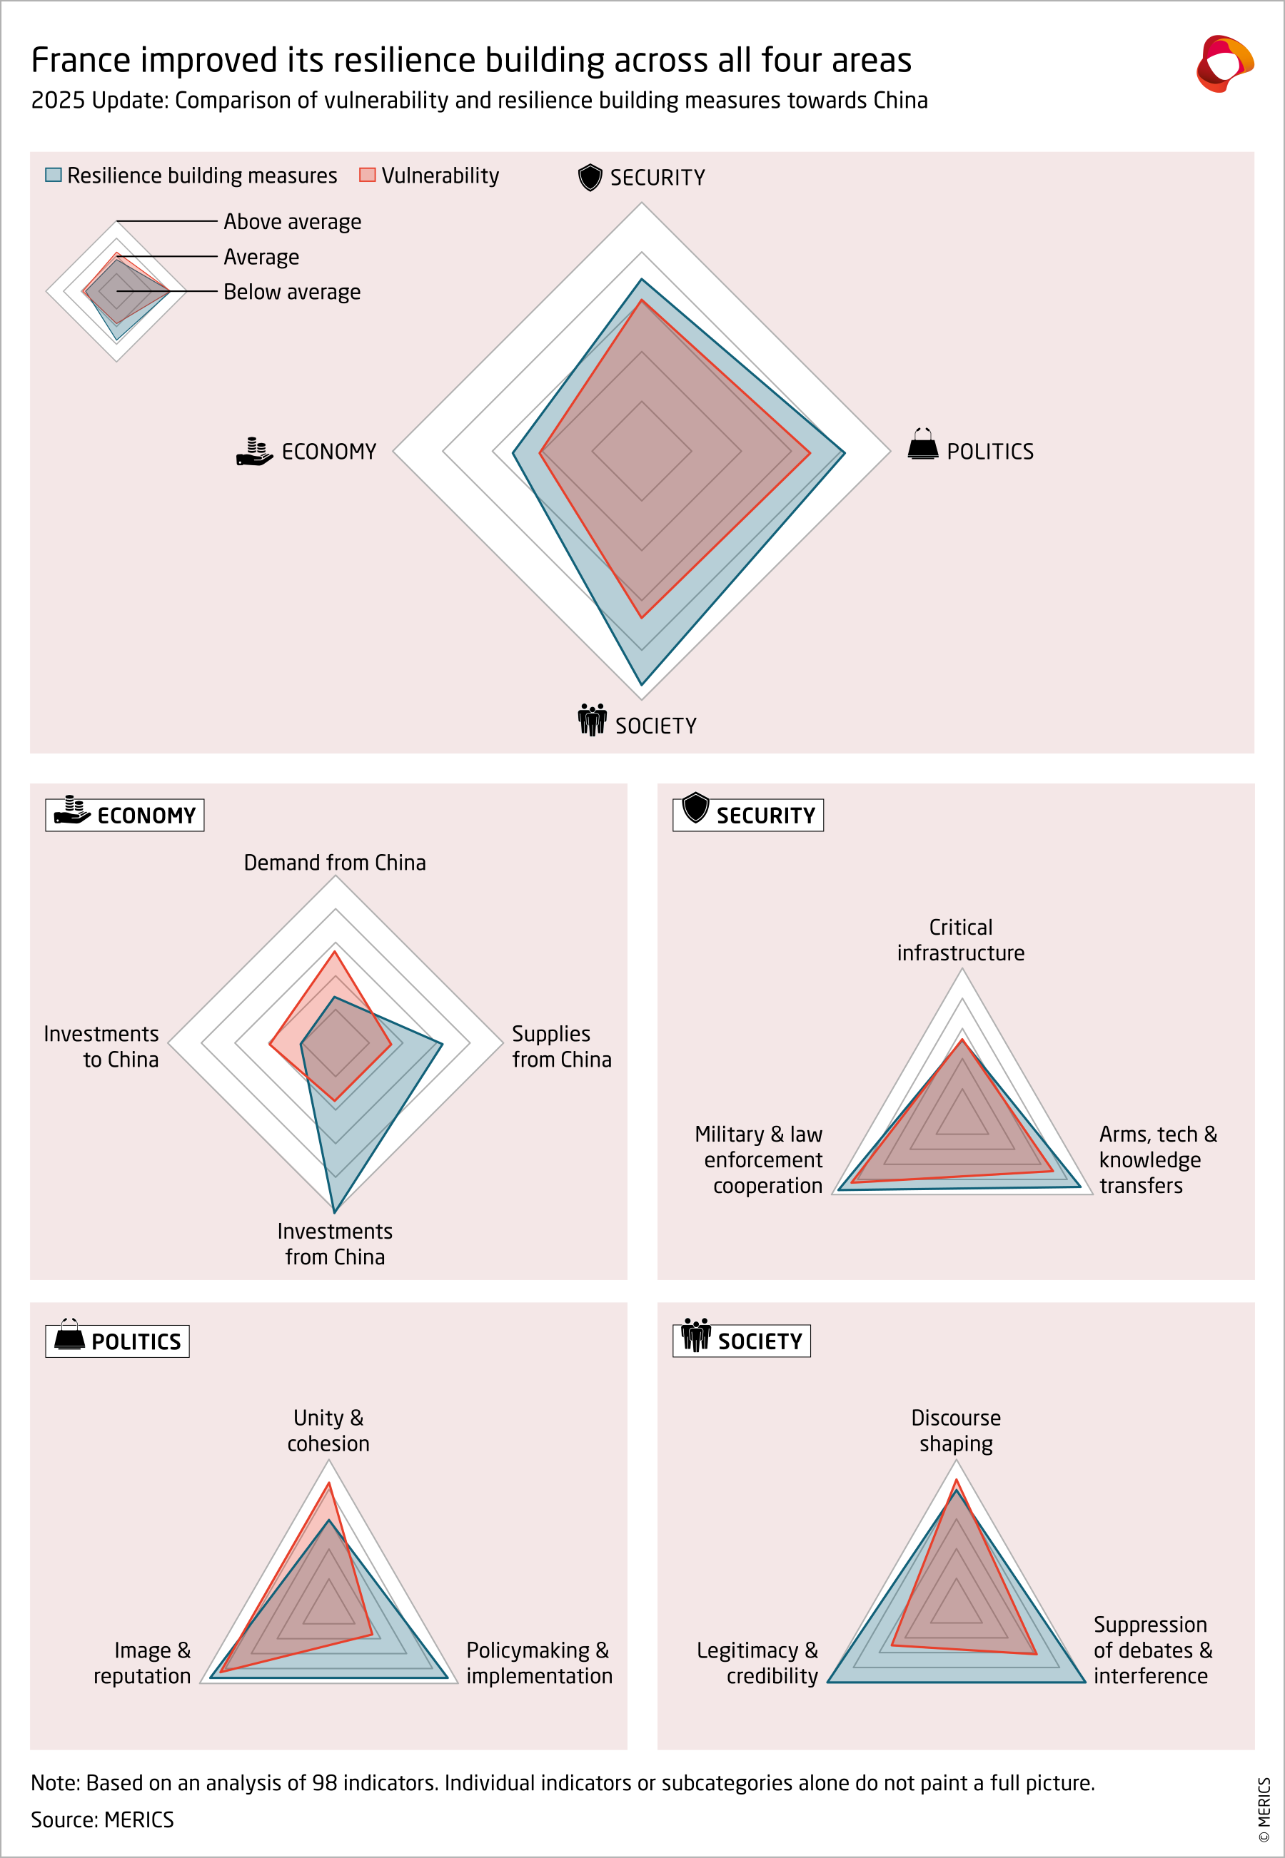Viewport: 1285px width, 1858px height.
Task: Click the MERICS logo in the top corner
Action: (x=1224, y=64)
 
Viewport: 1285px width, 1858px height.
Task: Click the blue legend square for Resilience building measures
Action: (x=53, y=175)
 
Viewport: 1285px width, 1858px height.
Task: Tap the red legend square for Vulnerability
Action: (x=367, y=175)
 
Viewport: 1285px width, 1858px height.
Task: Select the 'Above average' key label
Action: (x=292, y=221)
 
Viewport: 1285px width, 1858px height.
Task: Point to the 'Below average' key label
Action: (x=291, y=292)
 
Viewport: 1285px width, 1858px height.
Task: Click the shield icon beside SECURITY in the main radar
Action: (x=590, y=177)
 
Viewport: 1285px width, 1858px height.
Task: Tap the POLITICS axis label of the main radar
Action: (x=989, y=452)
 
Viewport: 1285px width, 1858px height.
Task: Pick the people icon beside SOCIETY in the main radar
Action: (x=592, y=719)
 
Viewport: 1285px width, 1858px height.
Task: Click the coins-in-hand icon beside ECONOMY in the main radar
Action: (x=254, y=452)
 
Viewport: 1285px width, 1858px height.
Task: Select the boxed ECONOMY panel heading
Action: (x=125, y=814)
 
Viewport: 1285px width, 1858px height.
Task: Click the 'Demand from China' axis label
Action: (x=335, y=863)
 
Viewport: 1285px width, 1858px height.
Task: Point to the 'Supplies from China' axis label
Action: (x=561, y=1046)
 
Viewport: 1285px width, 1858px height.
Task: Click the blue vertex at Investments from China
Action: (x=334, y=1211)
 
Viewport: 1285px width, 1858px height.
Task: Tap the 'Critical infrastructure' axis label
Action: (x=960, y=940)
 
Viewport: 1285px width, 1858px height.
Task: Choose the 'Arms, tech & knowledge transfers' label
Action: (x=1157, y=1159)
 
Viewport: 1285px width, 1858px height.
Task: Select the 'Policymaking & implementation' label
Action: (x=539, y=1662)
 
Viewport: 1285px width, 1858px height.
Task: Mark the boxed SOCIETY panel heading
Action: (x=742, y=1341)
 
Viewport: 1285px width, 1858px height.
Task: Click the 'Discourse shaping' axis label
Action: (x=956, y=1430)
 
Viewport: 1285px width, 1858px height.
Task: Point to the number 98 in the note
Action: (x=325, y=1782)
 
